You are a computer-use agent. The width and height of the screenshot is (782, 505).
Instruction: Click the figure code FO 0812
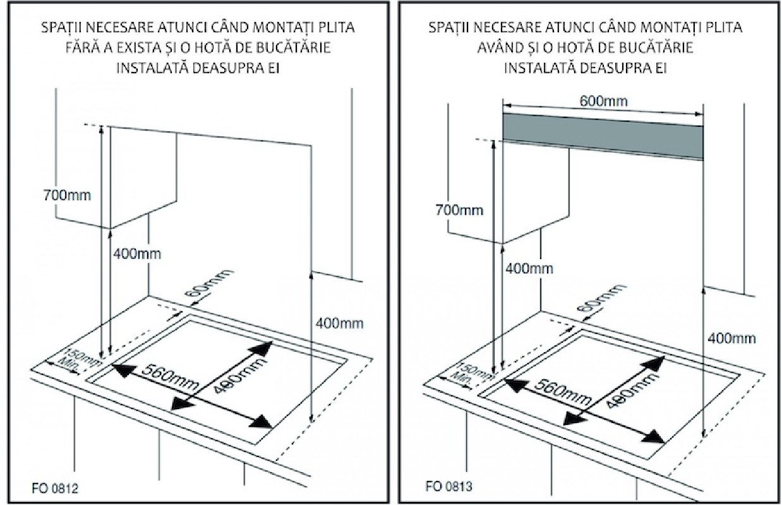(56, 489)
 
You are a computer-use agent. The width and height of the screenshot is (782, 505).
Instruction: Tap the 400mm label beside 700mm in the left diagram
(137, 254)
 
